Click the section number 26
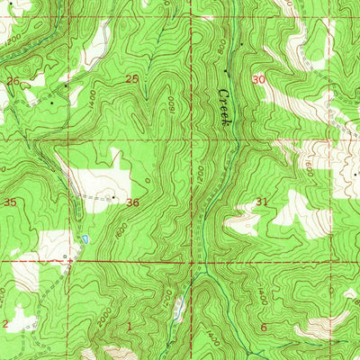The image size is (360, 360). click(x=13, y=81)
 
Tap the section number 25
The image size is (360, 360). click(x=131, y=79)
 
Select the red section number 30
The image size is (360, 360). click(x=261, y=79)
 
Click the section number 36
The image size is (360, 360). click(x=132, y=202)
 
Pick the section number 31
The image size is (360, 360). click(x=262, y=202)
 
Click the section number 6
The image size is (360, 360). click(x=264, y=327)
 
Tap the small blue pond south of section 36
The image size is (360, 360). click(x=85, y=239)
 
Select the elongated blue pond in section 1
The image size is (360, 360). click(x=178, y=310)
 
